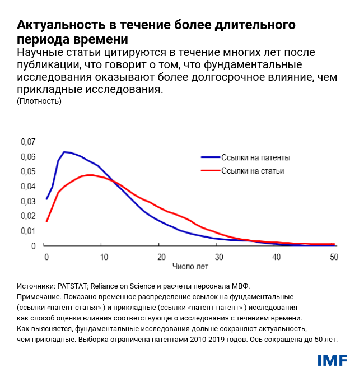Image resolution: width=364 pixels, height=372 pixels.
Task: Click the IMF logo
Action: pos(332,359)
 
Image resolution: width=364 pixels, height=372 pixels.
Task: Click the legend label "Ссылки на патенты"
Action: pos(255,157)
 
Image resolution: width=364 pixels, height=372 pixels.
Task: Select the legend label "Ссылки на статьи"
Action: pos(253,171)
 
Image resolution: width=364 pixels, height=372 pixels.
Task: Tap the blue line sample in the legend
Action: pos(209,157)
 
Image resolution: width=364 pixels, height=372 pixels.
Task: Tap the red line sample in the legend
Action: pos(209,171)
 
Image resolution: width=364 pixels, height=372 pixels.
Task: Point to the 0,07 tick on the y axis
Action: pos(28,142)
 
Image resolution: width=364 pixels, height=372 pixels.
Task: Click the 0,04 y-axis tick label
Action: pos(28,186)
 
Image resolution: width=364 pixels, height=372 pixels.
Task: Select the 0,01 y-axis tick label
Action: pos(28,231)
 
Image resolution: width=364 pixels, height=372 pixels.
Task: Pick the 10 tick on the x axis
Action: pos(103,257)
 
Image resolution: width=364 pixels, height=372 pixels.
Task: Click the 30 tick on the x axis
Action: pos(219,257)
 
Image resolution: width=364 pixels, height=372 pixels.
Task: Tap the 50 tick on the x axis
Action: pos(334,257)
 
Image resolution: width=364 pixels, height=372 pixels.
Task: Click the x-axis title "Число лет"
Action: pos(189,267)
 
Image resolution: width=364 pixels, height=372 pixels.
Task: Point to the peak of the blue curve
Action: pos(64,152)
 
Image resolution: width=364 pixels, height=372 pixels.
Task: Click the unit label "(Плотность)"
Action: pos(39,101)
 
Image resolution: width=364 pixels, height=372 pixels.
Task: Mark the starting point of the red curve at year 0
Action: pos(46,221)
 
